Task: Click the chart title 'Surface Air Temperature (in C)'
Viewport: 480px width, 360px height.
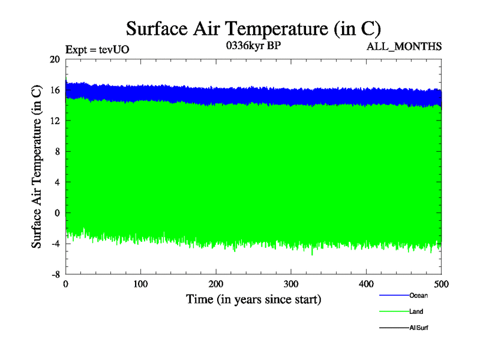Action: pyautogui.click(x=253, y=29)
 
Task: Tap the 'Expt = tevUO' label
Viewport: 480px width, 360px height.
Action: pyautogui.click(x=97, y=50)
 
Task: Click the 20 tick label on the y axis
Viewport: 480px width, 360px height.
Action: pyautogui.click(x=55, y=59)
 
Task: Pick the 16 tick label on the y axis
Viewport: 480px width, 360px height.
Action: pyautogui.click(x=55, y=90)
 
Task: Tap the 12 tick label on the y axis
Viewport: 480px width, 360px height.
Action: pyautogui.click(x=55, y=121)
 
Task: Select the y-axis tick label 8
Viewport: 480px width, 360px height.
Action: pyautogui.click(x=57, y=151)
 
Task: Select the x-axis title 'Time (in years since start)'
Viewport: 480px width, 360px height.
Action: pyautogui.click(x=253, y=299)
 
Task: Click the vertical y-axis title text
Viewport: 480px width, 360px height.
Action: pyautogui.click(x=37, y=166)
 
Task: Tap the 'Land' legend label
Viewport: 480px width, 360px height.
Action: pyautogui.click(x=417, y=311)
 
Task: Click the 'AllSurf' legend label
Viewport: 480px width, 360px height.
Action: pyautogui.click(x=419, y=328)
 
